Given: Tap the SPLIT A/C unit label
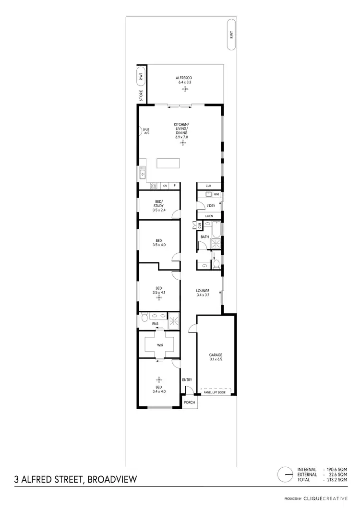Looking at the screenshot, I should pos(146,131).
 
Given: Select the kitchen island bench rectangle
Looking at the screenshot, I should pos(169,163).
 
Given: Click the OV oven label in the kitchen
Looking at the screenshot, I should pos(165,186).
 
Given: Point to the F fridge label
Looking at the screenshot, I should pos(175,186).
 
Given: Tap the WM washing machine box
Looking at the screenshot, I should pos(216,194).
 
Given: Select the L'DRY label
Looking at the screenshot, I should pos(210,206).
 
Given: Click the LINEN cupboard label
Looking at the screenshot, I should pos(209,216).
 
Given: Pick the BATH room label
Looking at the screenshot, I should pos(204,237).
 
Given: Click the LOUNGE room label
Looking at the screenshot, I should pos(203,291).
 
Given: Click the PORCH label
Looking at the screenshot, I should pos(190,402).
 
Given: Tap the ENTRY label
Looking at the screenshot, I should pos(187,380).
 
